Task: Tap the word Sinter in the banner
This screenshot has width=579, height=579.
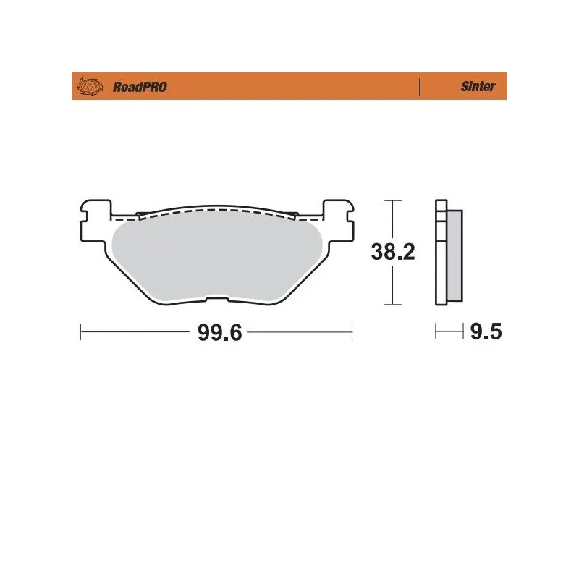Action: [x=478, y=86]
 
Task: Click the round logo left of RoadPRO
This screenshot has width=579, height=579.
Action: [x=89, y=87]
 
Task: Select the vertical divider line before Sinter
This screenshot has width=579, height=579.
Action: [x=420, y=86]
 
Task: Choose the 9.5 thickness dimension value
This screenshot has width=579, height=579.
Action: [x=486, y=332]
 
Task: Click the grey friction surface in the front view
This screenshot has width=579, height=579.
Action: [x=217, y=253]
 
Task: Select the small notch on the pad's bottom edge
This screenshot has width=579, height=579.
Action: [x=216, y=297]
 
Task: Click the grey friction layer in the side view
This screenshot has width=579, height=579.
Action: [x=455, y=253]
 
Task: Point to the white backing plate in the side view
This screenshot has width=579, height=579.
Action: [x=440, y=253]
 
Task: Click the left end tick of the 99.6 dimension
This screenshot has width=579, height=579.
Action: [x=80, y=333]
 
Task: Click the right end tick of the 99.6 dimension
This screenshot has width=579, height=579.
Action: [x=352, y=333]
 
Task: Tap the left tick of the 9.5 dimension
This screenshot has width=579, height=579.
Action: [x=436, y=332]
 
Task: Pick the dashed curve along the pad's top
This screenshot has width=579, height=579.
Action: [x=217, y=210]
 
